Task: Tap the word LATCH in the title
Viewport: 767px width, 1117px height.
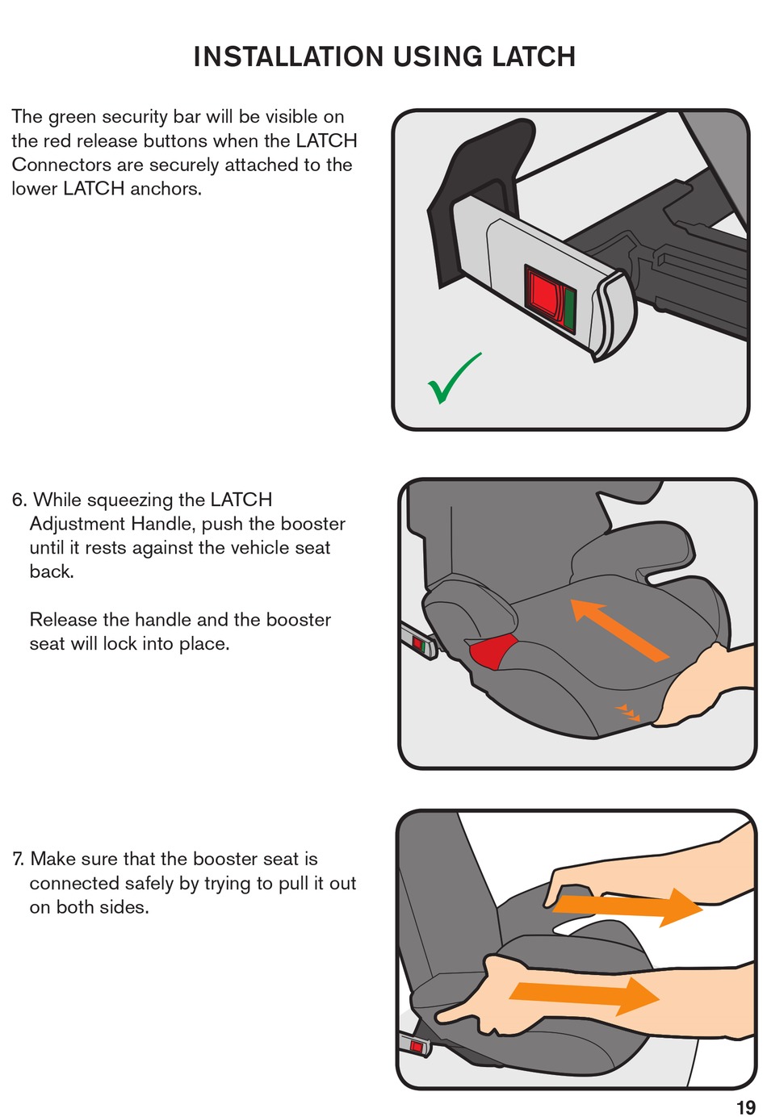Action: (534, 56)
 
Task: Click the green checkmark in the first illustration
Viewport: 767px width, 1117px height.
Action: (455, 379)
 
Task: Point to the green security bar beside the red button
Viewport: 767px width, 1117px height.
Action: (569, 309)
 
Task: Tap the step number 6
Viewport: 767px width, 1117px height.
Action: (19, 500)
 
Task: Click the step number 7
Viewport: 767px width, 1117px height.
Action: (18, 859)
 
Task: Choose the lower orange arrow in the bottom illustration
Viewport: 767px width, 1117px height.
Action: (585, 996)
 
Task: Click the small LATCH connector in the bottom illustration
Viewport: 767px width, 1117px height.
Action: (414, 1046)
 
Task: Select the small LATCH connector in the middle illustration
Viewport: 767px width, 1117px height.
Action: (419, 644)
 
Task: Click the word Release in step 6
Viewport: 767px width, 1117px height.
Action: (63, 620)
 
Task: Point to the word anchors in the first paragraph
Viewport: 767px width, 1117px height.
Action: (166, 189)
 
